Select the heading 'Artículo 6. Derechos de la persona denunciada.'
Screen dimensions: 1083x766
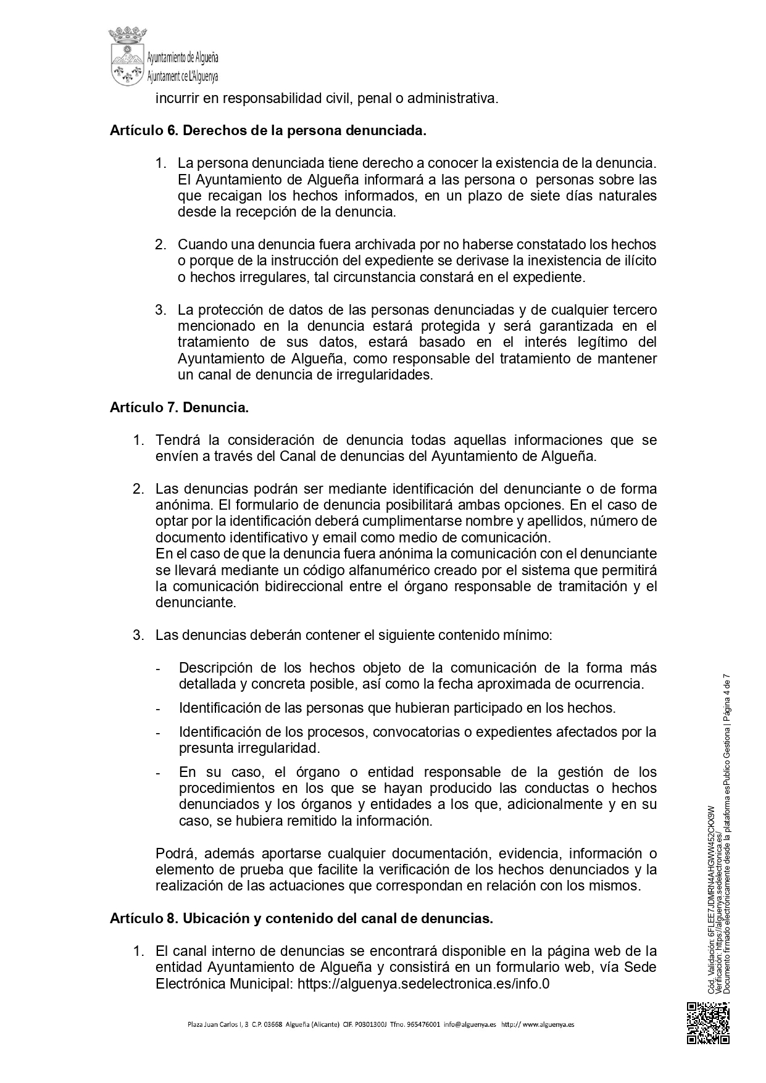click(x=268, y=131)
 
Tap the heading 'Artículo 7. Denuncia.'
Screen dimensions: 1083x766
click(x=179, y=407)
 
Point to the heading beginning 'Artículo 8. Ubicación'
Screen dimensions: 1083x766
click(x=301, y=918)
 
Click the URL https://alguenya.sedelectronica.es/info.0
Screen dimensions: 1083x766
click(x=423, y=984)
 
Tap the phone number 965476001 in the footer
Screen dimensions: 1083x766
click(x=422, y=1024)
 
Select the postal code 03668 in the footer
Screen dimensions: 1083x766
click(x=273, y=1024)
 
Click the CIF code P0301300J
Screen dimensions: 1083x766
click(x=370, y=1024)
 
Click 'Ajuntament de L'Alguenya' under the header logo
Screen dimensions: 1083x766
click(x=183, y=77)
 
